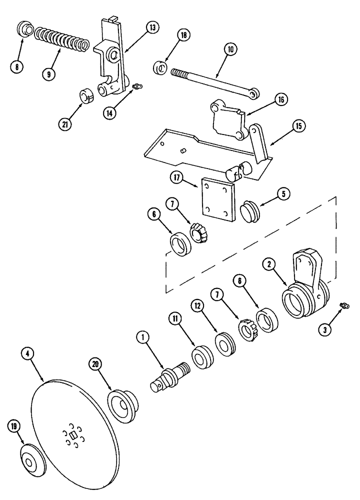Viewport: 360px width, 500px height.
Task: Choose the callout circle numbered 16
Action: click(281, 100)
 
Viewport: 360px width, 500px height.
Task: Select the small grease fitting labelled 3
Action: click(343, 305)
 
